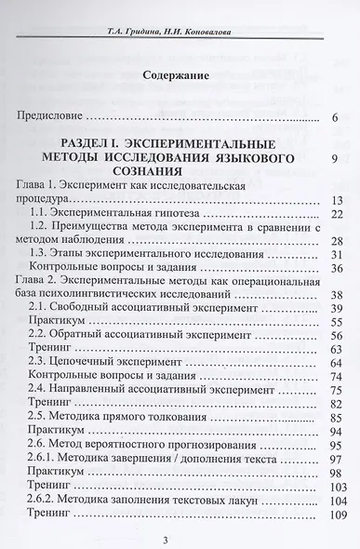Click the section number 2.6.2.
pos(66,498)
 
